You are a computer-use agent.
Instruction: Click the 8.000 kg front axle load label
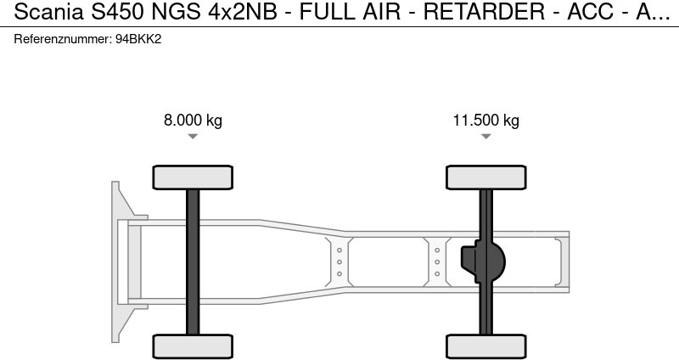pyautogui.click(x=193, y=120)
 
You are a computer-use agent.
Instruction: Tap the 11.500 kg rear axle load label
pyautogui.click(x=485, y=120)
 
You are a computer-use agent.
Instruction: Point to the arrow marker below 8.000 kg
pyautogui.click(x=193, y=137)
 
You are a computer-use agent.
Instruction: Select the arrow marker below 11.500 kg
pyautogui.click(x=485, y=137)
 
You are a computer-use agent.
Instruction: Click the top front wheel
pyautogui.click(x=193, y=177)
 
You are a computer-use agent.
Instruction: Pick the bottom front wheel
pyautogui.click(x=193, y=346)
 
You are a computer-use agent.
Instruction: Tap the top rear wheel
pyautogui.click(x=485, y=177)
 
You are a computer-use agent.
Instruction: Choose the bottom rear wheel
pyautogui.click(x=485, y=346)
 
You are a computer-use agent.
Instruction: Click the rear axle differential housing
pyautogui.click(x=483, y=262)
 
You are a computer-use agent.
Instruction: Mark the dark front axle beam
pyautogui.click(x=193, y=262)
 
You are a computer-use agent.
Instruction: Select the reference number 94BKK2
pyautogui.click(x=138, y=39)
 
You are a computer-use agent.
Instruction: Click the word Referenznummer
pyautogui.click(x=63, y=39)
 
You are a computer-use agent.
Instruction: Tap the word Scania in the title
pyautogui.click(x=49, y=12)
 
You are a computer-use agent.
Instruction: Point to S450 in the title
pyautogui.click(x=117, y=12)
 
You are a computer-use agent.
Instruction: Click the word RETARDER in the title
pyautogui.click(x=484, y=12)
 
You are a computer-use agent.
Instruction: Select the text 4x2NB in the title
pyautogui.click(x=243, y=12)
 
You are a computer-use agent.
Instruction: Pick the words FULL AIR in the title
pyautogui.click(x=350, y=12)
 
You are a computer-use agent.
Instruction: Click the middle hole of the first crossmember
pyautogui.click(x=339, y=262)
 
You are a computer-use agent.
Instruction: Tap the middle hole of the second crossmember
pyautogui.click(x=437, y=262)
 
